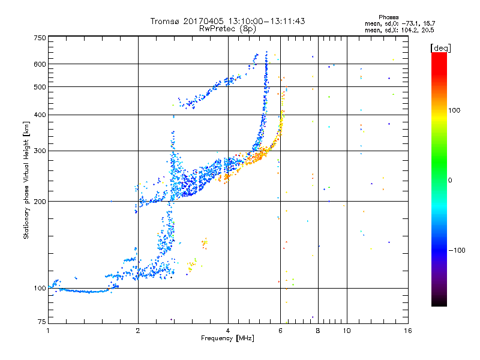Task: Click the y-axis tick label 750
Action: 40,37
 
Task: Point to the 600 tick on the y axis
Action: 40,64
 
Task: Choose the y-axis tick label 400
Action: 40,115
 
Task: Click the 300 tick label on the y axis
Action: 40,151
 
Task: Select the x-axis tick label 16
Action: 407,331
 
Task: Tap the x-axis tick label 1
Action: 48,331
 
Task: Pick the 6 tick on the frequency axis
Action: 280,331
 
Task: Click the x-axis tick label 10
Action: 347,331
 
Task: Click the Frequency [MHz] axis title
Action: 227,338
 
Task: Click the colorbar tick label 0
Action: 451,180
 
